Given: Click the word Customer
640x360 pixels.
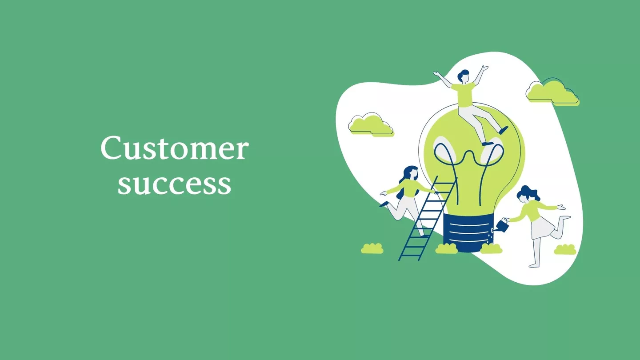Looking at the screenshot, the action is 174,148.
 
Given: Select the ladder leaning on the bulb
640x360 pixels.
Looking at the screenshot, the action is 427,219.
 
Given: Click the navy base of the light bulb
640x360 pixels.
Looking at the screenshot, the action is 468,232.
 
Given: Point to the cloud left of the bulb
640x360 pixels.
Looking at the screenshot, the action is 371,125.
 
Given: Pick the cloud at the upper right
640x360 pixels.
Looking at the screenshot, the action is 552,92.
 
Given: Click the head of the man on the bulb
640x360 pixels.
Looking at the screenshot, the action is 463,76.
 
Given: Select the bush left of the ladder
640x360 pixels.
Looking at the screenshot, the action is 372,248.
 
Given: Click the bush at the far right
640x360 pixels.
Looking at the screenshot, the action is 565,249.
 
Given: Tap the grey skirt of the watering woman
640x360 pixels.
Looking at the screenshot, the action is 541,228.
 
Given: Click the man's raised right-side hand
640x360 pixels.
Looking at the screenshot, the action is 484,68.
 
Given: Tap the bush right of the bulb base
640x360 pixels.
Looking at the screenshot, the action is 491,248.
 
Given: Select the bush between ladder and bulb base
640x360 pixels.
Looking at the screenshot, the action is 446,248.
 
